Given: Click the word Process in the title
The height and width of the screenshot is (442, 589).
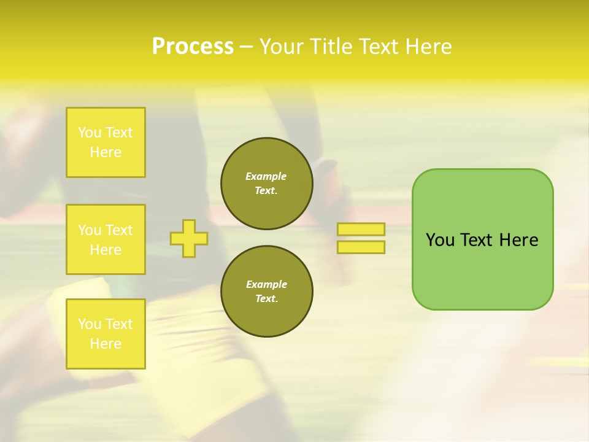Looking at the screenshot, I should pos(193,47).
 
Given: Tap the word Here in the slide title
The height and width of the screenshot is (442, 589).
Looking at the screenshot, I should pos(428,47).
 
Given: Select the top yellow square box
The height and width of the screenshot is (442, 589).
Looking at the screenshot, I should pos(106,142).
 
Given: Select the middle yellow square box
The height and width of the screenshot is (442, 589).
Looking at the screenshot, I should pos(106,239).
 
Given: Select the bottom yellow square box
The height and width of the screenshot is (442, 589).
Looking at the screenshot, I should pos(106,334).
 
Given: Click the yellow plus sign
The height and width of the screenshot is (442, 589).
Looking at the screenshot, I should pos(189,238).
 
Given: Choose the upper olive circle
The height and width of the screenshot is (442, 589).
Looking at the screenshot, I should pos(267,184).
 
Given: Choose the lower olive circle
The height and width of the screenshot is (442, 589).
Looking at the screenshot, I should pos(267,292).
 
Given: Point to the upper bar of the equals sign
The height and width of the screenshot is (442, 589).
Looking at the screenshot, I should pos(361,229).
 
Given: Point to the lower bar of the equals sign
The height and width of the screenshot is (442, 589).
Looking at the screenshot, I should pos(361,247).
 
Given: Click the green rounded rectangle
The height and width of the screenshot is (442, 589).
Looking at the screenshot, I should pos(482,270).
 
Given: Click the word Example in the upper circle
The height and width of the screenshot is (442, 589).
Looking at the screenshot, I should pos(266,176).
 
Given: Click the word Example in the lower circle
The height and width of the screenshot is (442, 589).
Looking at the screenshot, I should pos(266,284).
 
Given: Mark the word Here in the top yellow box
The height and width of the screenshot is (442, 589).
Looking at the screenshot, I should pos(106,152).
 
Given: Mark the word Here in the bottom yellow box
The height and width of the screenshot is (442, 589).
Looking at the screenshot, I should pos(106,344).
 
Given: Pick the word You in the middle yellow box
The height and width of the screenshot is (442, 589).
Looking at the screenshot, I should pos(90,230).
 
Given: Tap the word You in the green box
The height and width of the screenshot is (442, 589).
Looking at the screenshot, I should pos(440,240).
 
